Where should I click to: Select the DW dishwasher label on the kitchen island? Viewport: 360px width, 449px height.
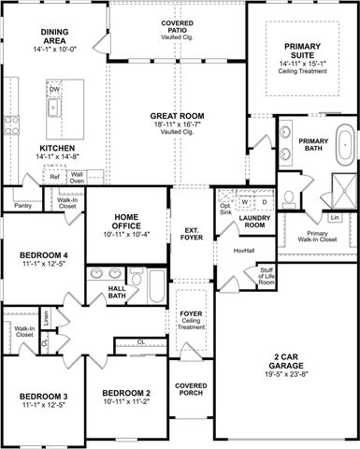(54, 90)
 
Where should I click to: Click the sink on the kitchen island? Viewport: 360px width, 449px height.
(53, 105)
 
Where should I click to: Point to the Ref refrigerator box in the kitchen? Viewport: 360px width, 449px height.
(55, 176)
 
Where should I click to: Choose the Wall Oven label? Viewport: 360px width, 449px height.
(78, 176)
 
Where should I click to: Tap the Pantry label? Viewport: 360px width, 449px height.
(22, 205)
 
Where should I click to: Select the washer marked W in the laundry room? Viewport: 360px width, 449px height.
(244, 201)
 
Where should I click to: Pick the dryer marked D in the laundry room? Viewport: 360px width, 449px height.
(264, 201)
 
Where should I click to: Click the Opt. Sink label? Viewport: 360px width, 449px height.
(224, 209)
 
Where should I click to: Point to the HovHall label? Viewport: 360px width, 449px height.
(244, 251)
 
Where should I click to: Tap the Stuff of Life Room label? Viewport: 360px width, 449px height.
(267, 276)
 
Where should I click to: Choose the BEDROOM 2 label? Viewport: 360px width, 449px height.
(126, 392)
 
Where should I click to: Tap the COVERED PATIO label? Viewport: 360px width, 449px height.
(178, 26)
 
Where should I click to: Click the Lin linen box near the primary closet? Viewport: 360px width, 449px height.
(334, 218)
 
